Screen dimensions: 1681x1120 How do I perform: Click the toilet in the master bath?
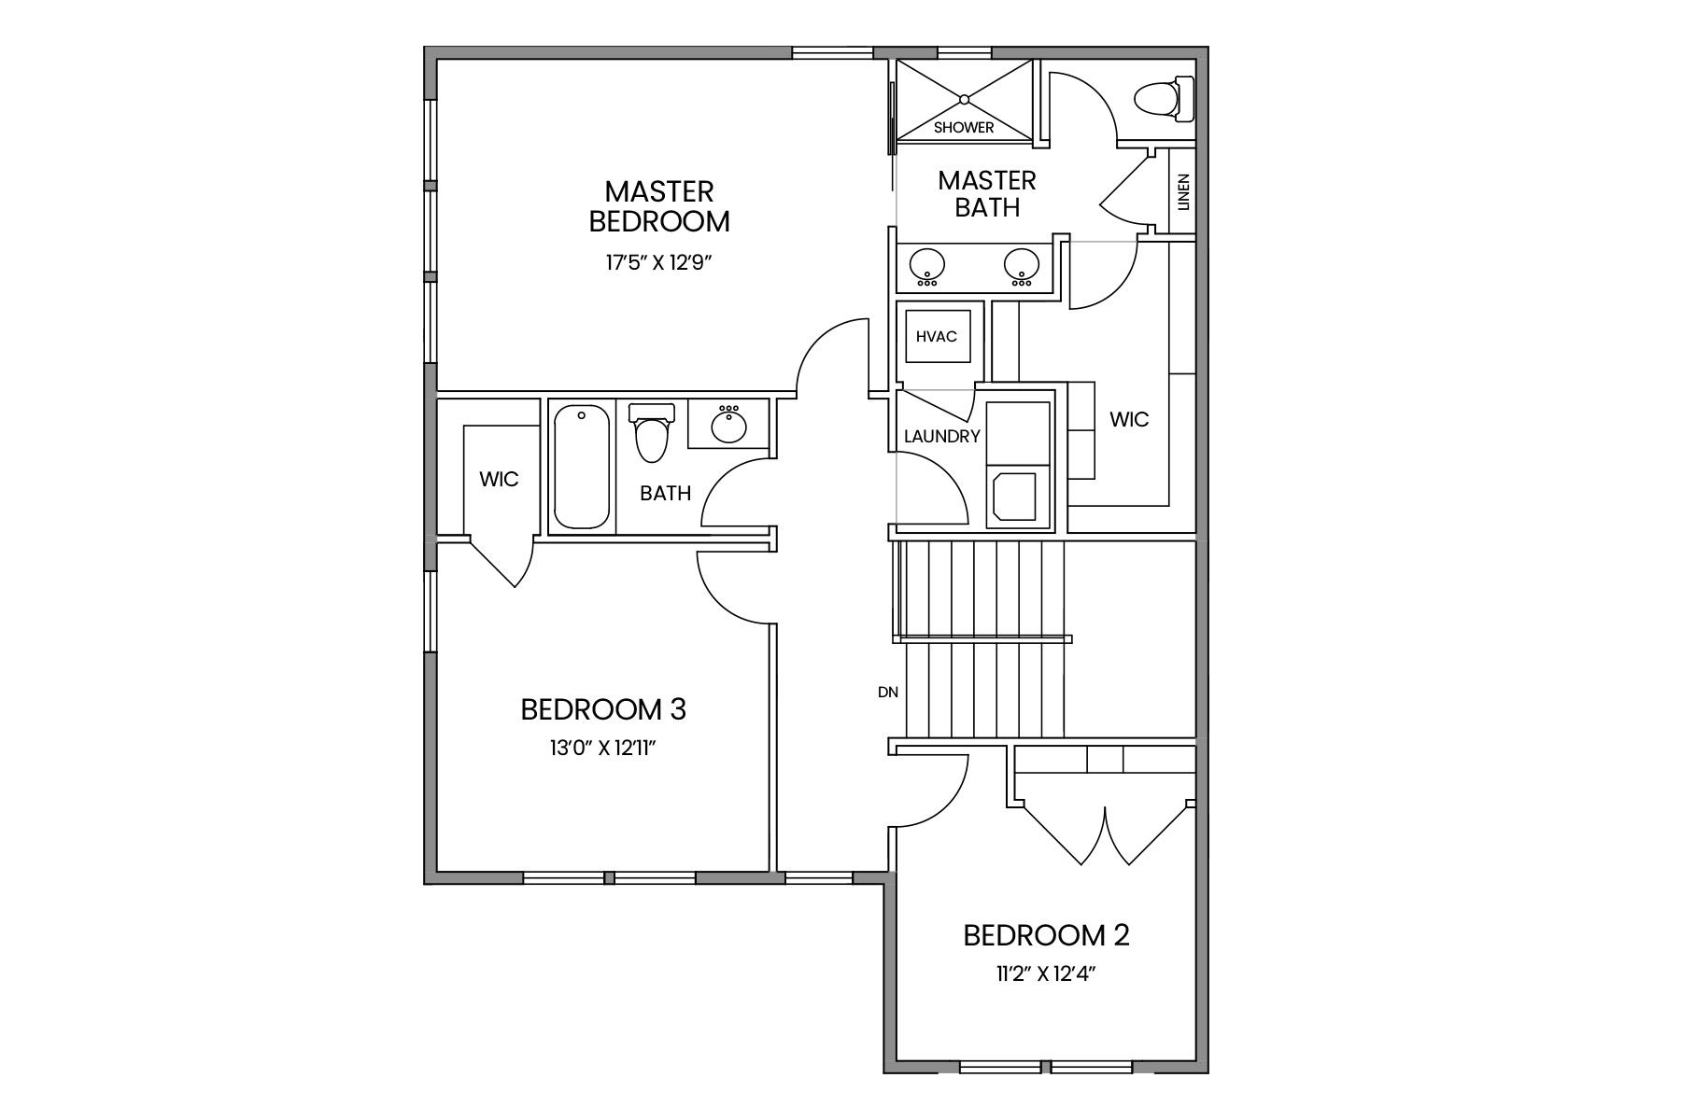point(1164,99)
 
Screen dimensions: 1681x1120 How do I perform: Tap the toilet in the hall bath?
point(652,432)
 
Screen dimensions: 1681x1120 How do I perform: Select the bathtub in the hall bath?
point(581,467)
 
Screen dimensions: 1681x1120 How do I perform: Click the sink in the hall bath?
point(728,426)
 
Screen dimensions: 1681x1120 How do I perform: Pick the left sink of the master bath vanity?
point(926,267)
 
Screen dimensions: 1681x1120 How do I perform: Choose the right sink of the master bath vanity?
point(1023,267)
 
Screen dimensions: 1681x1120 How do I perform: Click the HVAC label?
point(936,336)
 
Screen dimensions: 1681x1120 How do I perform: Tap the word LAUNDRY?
point(942,436)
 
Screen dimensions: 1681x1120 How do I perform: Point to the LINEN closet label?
point(1184,191)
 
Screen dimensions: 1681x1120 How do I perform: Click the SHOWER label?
point(964,127)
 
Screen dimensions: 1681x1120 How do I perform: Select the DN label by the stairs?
point(888,692)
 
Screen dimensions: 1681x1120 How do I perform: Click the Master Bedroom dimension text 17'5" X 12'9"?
point(659,262)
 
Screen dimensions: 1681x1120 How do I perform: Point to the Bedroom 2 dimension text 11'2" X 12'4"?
point(1046,975)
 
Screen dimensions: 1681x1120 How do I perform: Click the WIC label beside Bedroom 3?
point(499,479)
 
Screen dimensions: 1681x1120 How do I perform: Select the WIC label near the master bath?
point(1129,419)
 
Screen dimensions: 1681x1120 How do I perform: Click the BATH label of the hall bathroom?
point(666,493)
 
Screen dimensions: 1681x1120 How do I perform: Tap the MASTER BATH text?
point(987,194)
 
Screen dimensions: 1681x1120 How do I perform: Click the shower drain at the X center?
point(964,98)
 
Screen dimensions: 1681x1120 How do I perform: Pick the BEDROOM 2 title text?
point(1047,935)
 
